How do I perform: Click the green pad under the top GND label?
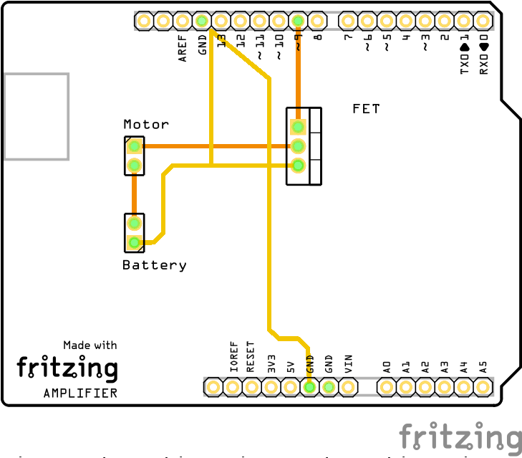202,22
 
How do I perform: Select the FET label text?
366,109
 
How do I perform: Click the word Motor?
146,124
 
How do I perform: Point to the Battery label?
154,265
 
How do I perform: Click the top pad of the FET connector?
298,128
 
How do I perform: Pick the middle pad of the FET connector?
298,146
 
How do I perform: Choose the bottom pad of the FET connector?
298,166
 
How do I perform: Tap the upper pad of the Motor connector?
133,147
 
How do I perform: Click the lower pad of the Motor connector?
133,166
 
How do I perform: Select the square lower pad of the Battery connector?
134,243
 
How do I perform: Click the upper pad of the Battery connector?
134,224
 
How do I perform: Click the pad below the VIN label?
348,387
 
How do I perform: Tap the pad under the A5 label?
483,387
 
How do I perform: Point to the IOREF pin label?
233,356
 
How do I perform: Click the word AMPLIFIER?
80,393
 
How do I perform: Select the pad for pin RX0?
483,22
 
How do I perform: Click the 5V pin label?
291,366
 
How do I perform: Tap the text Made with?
90,345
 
